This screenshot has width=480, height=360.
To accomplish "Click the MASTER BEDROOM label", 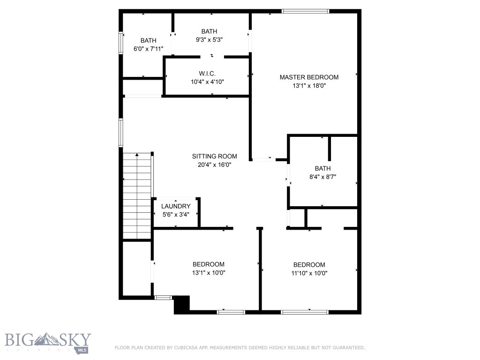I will [x=309, y=77].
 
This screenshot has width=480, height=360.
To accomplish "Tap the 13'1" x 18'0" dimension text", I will [x=309, y=86].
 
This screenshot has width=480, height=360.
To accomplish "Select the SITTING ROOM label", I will [x=214, y=157].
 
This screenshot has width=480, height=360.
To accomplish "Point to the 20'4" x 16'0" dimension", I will [x=214, y=165].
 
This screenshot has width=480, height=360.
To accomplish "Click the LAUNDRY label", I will [x=176, y=207].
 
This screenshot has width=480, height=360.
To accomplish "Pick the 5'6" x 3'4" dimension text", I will [x=176, y=215].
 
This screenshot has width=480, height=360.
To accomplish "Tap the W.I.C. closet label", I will [x=207, y=74].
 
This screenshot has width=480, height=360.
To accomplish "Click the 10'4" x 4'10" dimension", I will [x=207, y=82].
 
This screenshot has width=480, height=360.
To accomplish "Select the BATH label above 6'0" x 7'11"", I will [x=148, y=41].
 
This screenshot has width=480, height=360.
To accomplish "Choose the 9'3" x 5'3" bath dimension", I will [x=209, y=40].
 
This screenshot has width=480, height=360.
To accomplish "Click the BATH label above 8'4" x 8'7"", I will [x=322, y=169].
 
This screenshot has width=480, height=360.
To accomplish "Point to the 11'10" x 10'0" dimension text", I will [x=309, y=273].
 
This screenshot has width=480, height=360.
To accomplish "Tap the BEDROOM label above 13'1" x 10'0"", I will [x=208, y=264].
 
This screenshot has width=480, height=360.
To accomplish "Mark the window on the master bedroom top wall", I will [x=305, y=11].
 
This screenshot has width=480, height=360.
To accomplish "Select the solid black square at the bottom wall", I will [x=181, y=304].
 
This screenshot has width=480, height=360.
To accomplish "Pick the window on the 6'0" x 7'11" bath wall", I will [x=121, y=43].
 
